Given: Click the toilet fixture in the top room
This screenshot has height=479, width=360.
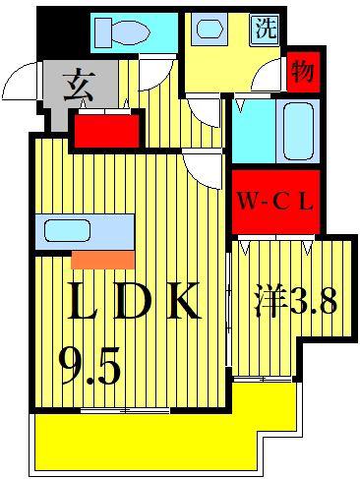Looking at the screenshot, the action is tap(122, 31).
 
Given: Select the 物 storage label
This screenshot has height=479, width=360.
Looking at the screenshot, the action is tap(303, 72).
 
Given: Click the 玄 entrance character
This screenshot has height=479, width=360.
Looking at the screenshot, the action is tap(80, 85).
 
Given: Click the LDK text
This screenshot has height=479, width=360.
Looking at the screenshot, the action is tap(134, 301).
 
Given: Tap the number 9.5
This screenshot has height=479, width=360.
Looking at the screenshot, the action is tap(90, 366).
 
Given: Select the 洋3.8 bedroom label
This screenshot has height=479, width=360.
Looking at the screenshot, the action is tap(296, 301).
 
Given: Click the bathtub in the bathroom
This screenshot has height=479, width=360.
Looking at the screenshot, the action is tap(298, 131).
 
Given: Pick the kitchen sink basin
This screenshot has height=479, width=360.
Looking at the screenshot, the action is tap(67, 230).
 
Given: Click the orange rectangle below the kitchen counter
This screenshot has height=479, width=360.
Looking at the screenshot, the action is tap(102, 260).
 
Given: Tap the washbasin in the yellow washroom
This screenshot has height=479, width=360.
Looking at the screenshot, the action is tap(210, 29).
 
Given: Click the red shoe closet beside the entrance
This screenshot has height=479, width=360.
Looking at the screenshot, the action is tap(106, 131).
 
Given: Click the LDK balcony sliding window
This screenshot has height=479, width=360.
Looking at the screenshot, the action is tap(125, 410).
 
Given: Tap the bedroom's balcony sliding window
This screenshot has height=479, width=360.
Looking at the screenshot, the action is tap(263, 380).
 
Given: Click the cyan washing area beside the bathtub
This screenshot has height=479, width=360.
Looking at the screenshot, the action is tap(254, 131).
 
